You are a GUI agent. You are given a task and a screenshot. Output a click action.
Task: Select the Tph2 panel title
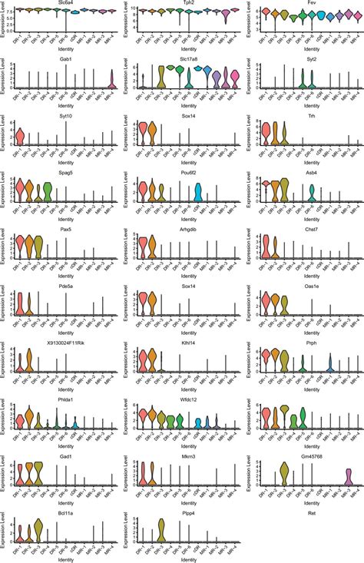184,3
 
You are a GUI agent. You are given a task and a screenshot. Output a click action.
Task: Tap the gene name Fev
307,3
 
